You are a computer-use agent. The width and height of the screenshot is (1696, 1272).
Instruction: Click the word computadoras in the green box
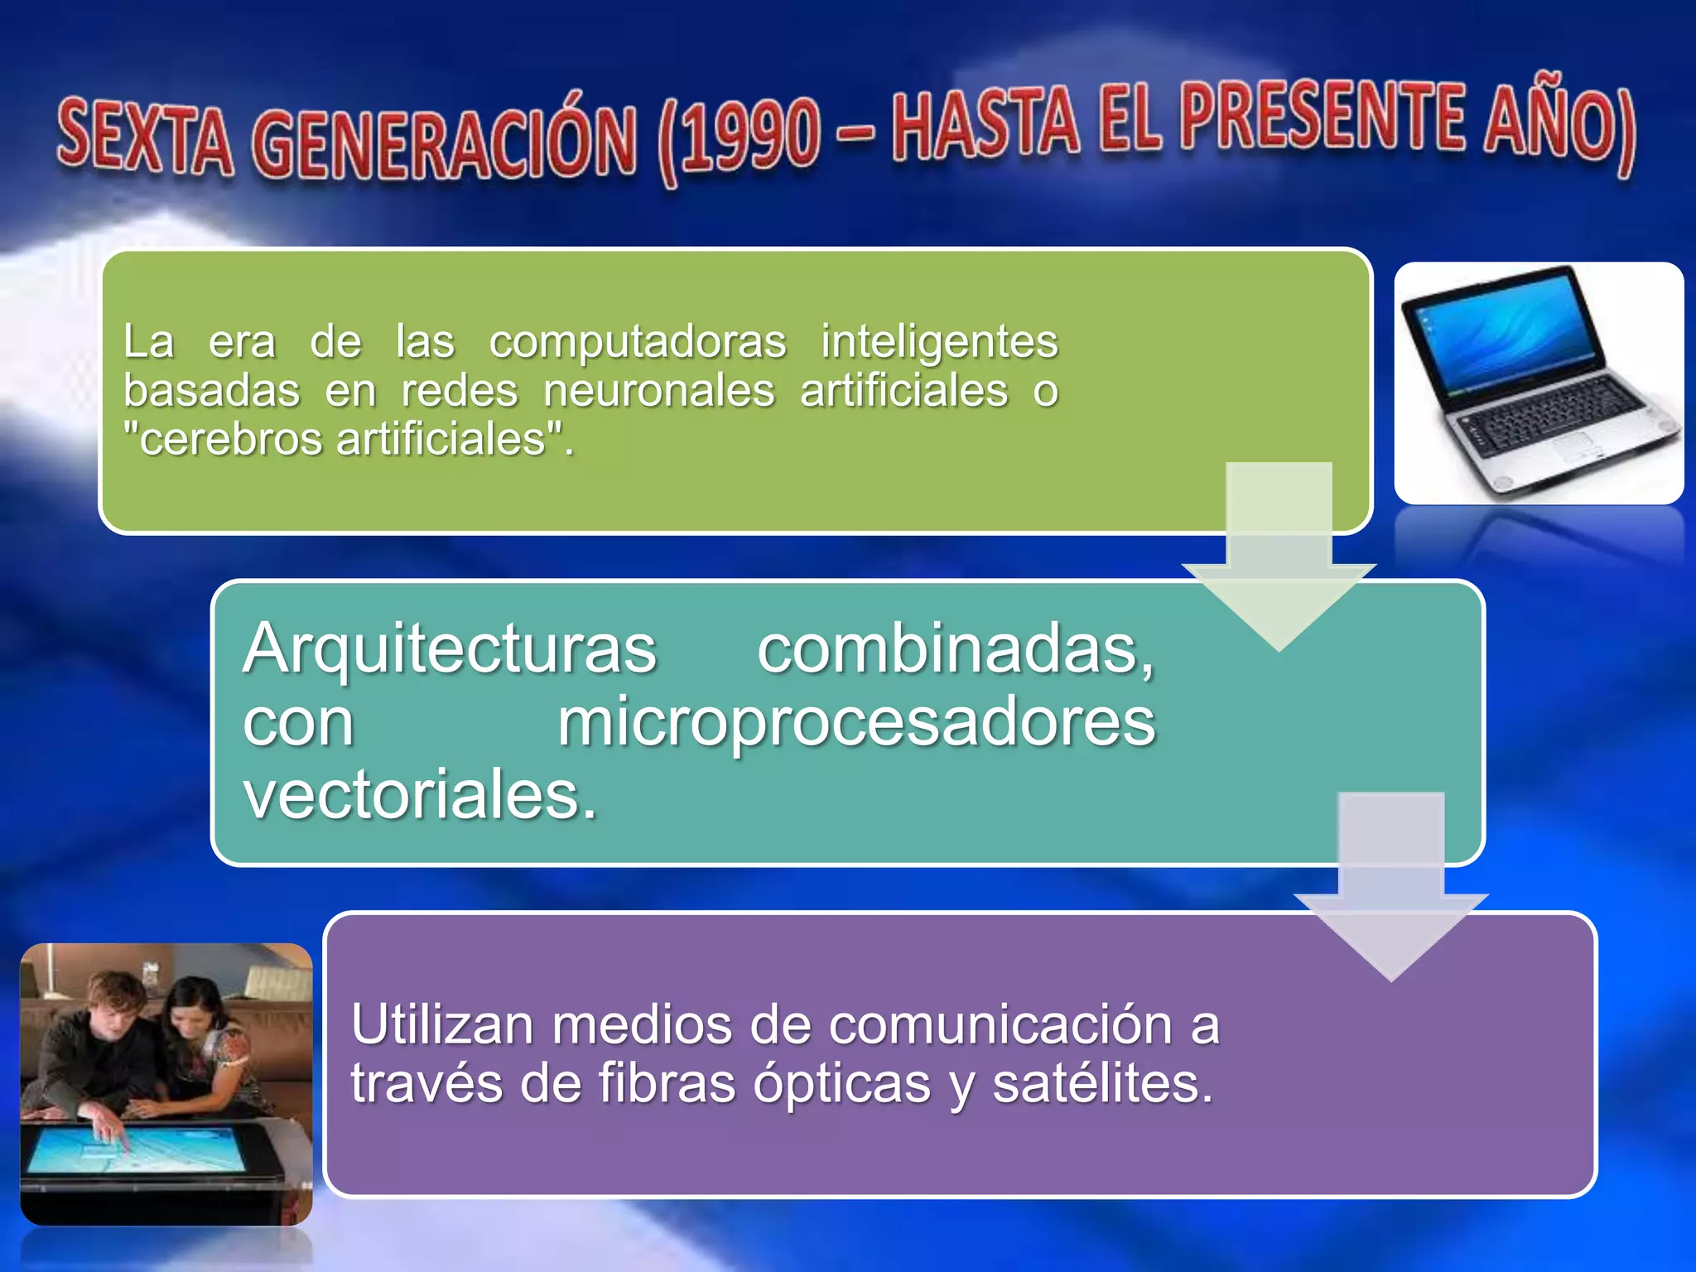(x=637, y=341)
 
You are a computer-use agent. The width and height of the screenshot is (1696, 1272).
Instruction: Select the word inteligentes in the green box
(x=939, y=341)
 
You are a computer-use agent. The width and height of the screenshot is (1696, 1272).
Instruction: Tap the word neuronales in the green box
(x=658, y=390)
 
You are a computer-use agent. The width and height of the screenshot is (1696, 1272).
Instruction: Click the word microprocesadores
(x=855, y=722)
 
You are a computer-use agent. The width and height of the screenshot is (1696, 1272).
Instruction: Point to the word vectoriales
(x=419, y=795)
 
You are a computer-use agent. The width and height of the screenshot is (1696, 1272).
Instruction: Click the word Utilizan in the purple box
(x=441, y=1024)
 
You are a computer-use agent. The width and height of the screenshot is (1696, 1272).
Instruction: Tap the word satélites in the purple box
(x=1102, y=1083)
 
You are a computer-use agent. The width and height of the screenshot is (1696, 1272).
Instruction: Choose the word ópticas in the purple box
(x=841, y=1083)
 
